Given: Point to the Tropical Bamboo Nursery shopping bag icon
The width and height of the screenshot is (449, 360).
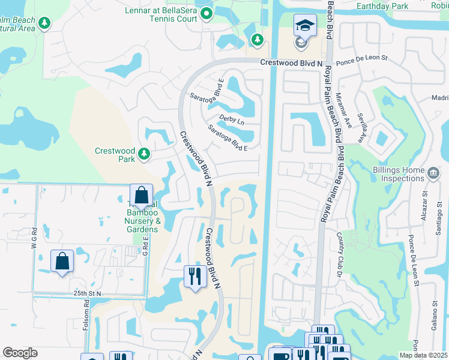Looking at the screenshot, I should pos(141,195).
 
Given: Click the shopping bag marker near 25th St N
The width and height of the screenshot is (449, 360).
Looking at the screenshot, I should pos(62,261).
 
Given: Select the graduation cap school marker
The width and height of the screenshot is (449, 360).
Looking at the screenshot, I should pos(305,26).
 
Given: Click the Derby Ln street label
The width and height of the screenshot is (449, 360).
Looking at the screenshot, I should pos(232,121).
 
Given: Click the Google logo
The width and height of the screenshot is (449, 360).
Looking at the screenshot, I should pos(20,353).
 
